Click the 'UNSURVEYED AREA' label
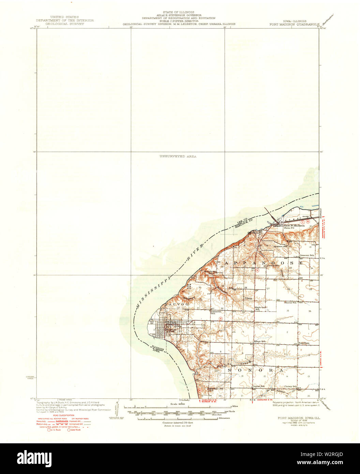(178, 156)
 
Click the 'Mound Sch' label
(290, 302)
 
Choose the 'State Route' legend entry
(75, 430)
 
